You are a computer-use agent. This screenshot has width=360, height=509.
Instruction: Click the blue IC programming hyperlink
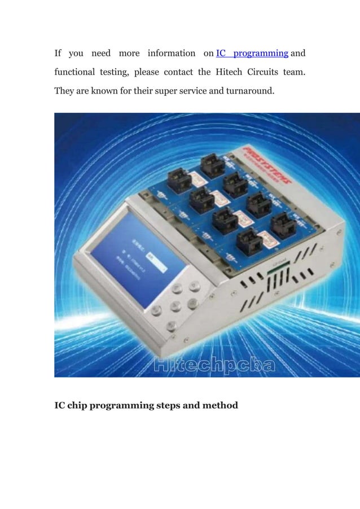(252, 54)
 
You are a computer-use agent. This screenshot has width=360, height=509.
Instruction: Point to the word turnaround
(250, 91)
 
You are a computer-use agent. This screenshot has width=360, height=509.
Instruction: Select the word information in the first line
(172, 54)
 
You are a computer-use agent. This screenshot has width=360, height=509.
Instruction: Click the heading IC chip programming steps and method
(146, 405)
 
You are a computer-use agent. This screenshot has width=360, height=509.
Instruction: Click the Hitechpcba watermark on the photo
(214, 366)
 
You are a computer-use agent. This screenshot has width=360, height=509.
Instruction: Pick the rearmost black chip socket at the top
(212, 165)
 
